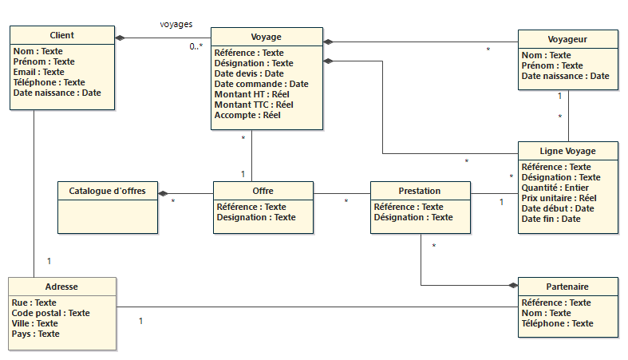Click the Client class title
[61, 36]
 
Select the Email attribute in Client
[39, 72]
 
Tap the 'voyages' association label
[176, 24]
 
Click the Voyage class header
[266, 37]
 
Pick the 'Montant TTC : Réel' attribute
[254, 105]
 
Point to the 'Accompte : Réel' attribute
[247, 115]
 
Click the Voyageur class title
[567, 39]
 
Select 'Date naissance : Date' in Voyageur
[565, 77]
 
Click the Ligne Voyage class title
[567, 151]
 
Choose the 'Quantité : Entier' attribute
[555, 188]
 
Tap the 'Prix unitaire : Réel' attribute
[559, 198]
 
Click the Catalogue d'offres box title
[107, 192]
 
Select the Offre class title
[263, 192]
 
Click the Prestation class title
[419, 191]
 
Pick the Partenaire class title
[567, 287]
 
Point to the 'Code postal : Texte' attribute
[51, 313]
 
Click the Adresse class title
[61, 287]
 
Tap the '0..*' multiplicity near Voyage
[196, 47]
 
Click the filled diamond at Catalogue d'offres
[163, 194]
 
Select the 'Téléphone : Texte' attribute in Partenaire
[556, 323]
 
